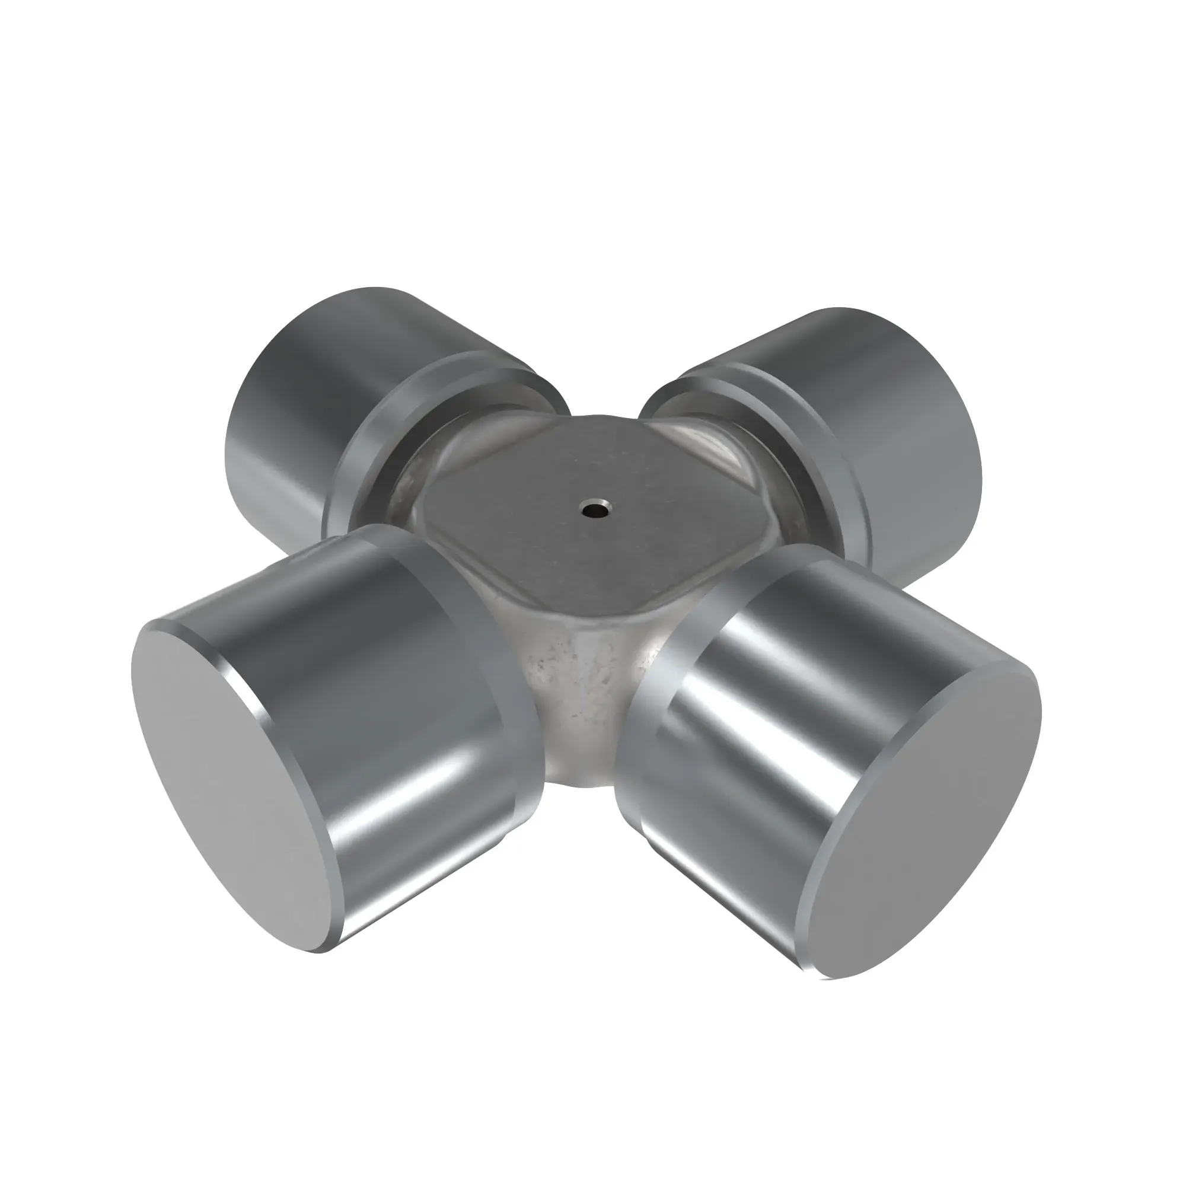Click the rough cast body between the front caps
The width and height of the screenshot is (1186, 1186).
[x=583, y=687]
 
